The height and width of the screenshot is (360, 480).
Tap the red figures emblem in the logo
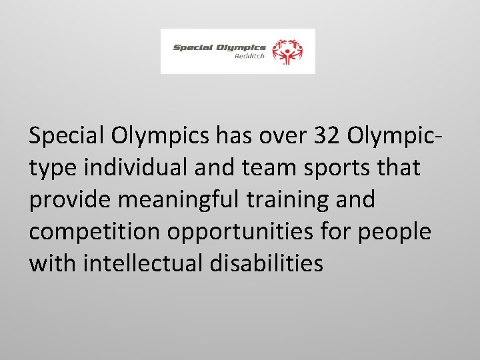(290, 51)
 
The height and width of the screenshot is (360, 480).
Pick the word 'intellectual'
(146, 263)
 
